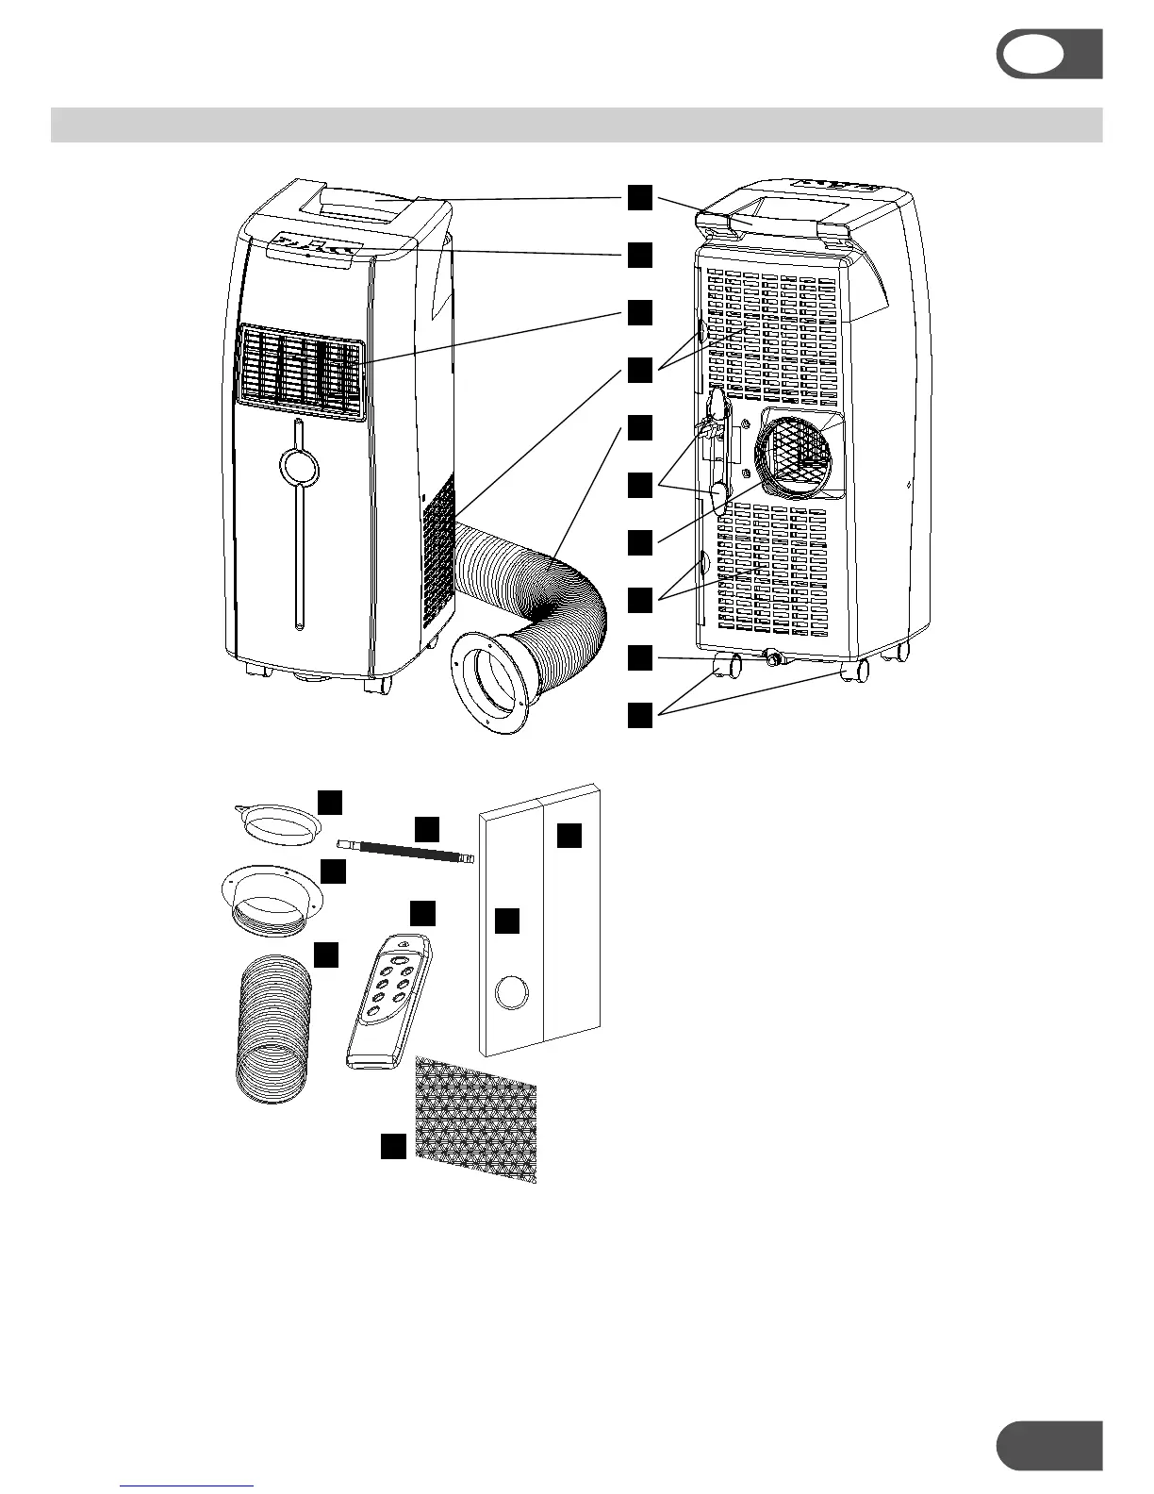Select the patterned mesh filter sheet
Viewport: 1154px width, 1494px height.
pyautogui.click(x=476, y=1119)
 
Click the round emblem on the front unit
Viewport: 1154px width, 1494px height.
pyautogui.click(x=298, y=465)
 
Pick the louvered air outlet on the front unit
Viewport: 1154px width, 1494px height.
pyautogui.click(x=299, y=372)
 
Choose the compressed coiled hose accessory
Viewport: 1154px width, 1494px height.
pyautogui.click(x=272, y=1028)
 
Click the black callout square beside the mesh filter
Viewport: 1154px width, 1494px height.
pyautogui.click(x=393, y=1146)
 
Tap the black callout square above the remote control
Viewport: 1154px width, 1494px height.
pyautogui.click(x=422, y=912)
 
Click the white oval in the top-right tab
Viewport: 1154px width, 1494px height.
pyautogui.click(x=1031, y=55)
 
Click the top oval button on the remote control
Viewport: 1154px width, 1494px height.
pyautogui.click(x=403, y=960)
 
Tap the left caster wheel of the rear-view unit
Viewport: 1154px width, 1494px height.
pyautogui.click(x=728, y=668)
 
